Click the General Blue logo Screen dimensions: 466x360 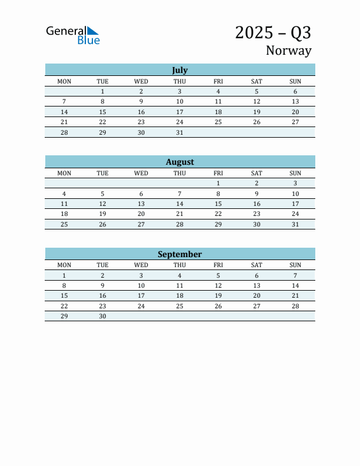coord(73,35)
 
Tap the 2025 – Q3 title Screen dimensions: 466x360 coord(273,32)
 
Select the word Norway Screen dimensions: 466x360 coord(288,51)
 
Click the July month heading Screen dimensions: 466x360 coord(179,70)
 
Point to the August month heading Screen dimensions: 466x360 coord(179,162)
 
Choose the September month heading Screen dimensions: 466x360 coord(179,254)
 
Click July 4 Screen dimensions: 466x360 coord(218,91)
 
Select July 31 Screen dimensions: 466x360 coord(179,132)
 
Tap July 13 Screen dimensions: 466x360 coord(295,101)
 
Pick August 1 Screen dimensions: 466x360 coord(218,183)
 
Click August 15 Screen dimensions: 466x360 coord(218,204)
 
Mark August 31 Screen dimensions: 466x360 coord(295,224)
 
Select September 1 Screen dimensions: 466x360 coord(64,275)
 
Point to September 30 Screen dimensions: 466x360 coord(102,316)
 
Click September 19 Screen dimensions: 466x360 coord(218,295)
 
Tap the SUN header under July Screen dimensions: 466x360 coord(295,81)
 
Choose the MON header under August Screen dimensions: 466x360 coord(64,173)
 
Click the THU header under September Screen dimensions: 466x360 coord(179,265)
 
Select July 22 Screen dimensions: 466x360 coord(102,122)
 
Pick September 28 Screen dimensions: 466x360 coord(295,306)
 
